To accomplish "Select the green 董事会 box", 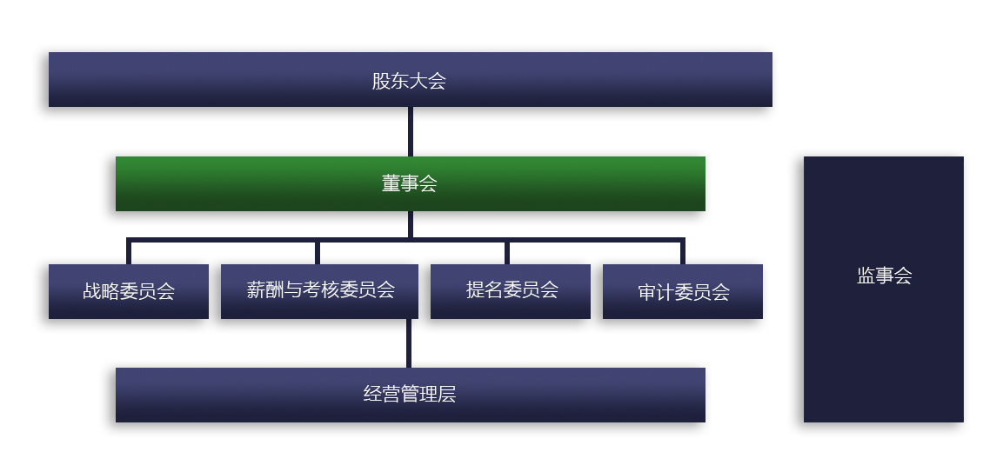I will click(x=261, y=183).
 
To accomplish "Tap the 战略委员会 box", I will click(x=129, y=304).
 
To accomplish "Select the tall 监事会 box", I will click(x=883, y=348).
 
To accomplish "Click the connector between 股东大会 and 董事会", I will click(x=410, y=131).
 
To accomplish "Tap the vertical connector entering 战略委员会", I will click(x=129, y=252).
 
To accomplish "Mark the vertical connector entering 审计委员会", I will click(x=682, y=252).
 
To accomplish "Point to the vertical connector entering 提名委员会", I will click(x=507, y=252).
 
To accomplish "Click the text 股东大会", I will click(x=409, y=82).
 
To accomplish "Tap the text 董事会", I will click(x=409, y=184).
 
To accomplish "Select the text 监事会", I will click(x=884, y=276).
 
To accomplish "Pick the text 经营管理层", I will click(x=409, y=395).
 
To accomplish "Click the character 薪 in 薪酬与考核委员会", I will click(x=256, y=290).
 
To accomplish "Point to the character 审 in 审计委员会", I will click(x=647, y=292).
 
